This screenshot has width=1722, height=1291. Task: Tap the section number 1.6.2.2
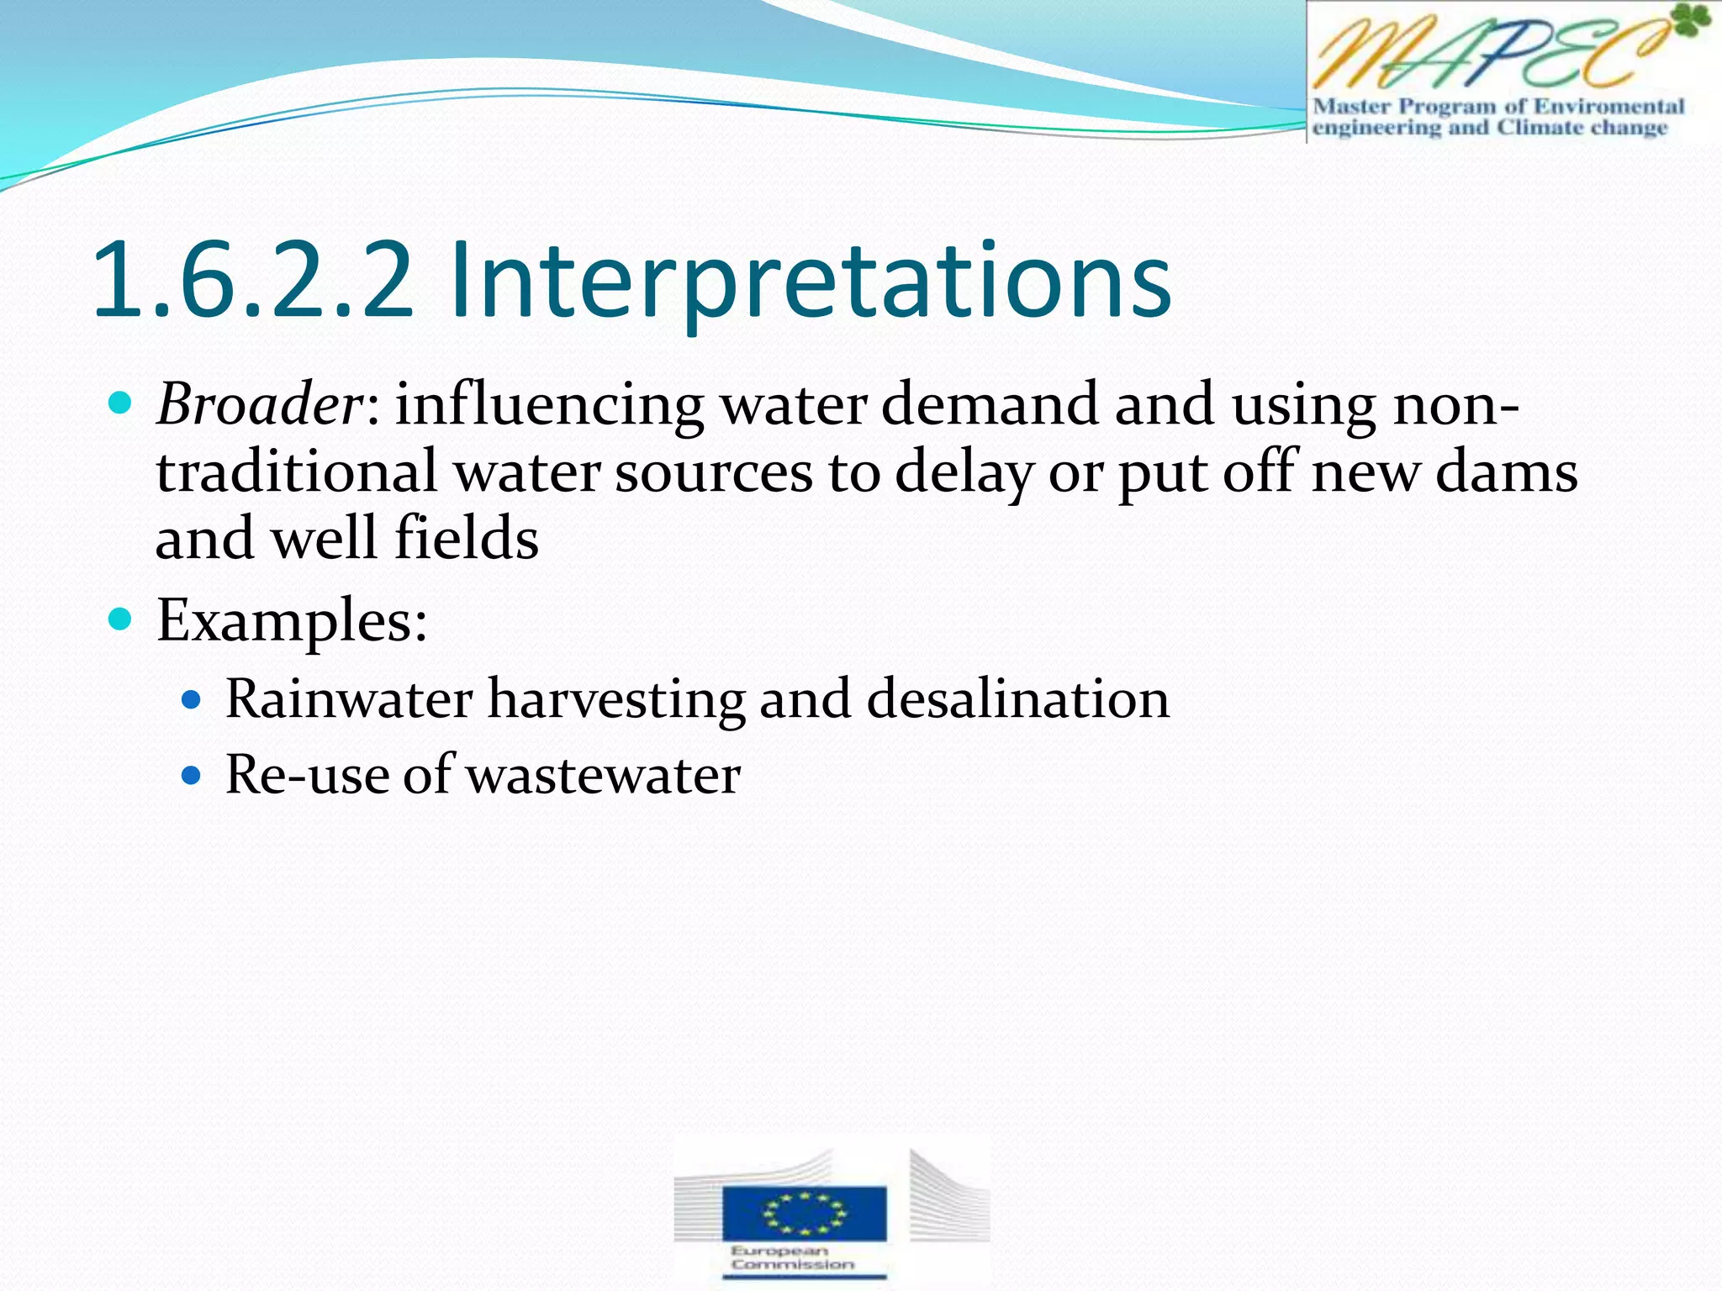(253, 281)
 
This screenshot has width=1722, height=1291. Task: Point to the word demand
(989, 404)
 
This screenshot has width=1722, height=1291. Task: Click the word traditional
(296, 472)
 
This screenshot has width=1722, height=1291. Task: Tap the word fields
(467, 539)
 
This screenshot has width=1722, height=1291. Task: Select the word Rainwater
(349, 699)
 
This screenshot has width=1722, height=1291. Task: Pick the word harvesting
(616, 699)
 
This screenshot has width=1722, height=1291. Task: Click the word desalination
(1017, 699)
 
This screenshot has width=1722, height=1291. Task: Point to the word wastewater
(604, 775)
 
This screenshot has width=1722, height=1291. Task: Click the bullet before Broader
(121, 403)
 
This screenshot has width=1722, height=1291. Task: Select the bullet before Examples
(121, 620)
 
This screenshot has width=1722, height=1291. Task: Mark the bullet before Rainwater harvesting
(192, 698)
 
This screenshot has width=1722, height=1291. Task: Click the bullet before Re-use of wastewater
(192, 774)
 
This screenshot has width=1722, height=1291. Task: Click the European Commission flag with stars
(804, 1212)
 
